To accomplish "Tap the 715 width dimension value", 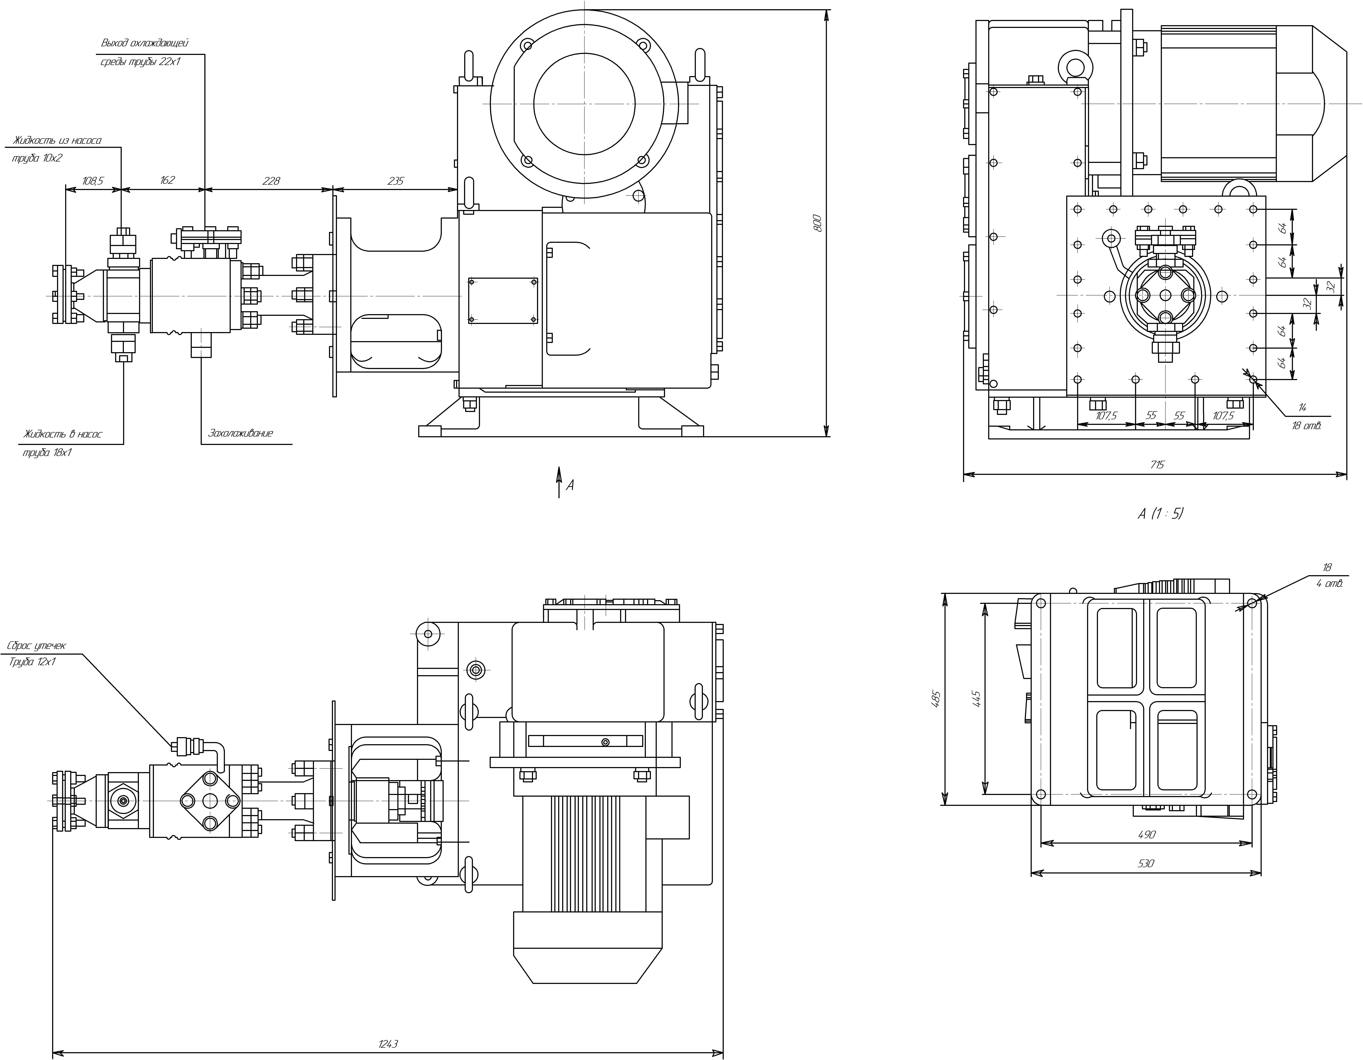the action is (1157, 464).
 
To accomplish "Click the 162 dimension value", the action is (167, 180).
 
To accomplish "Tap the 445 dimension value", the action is (977, 698).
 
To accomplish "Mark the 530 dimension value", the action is (1146, 863).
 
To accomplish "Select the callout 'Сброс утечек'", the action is (36, 645).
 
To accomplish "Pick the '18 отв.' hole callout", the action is (1306, 426).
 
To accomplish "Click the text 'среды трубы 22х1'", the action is (140, 62).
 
